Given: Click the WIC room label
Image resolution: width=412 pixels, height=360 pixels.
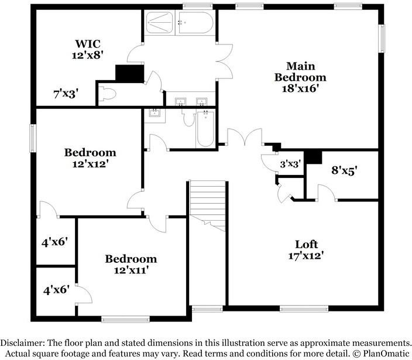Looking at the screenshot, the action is [x=88, y=43].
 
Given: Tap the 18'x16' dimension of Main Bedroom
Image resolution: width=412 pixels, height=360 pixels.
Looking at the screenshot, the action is [x=300, y=88].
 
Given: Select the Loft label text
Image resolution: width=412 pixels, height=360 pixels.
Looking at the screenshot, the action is [x=307, y=244].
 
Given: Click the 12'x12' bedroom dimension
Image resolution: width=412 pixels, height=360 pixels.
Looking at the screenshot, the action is [x=90, y=164].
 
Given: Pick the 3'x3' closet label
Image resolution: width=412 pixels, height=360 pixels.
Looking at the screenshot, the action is [x=290, y=164].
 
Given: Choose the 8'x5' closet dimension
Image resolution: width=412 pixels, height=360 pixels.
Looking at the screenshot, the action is [x=344, y=170].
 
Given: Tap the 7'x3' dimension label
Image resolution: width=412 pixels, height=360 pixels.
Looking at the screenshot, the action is [x=66, y=94].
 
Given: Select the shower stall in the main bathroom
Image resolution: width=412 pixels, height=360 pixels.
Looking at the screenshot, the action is [x=160, y=23].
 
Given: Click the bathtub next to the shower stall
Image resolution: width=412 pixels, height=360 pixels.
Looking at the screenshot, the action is [x=195, y=23].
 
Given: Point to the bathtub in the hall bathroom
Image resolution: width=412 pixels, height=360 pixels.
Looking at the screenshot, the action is [x=205, y=129].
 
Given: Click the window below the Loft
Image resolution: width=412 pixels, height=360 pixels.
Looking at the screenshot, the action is [x=304, y=308].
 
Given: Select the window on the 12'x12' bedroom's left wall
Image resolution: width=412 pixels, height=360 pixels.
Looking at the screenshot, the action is [x=33, y=138].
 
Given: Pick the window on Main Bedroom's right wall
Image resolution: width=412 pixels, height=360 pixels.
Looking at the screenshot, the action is [x=382, y=39].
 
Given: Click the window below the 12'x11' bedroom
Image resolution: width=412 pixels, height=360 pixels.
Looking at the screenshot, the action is [x=125, y=319].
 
